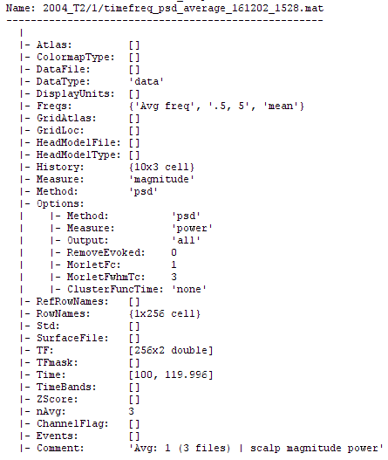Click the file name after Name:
[183, 8]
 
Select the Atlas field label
[54, 45]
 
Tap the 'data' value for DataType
[146, 81]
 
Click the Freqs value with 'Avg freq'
[216, 106]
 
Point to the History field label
[60, 167]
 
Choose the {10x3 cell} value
[161, 167]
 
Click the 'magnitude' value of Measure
[161, 179]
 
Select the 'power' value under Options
[192, 228]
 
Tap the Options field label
[60, 203]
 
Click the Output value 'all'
[186, 240]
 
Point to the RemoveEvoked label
[106, 252]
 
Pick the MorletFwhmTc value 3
[174, 277]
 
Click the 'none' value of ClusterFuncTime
[189, 289]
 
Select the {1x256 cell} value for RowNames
[165, 313]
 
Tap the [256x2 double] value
[171, 350]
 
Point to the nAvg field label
[51, 411]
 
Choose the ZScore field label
[58, 399]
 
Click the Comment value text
[256, 448]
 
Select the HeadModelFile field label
[78, 142]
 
